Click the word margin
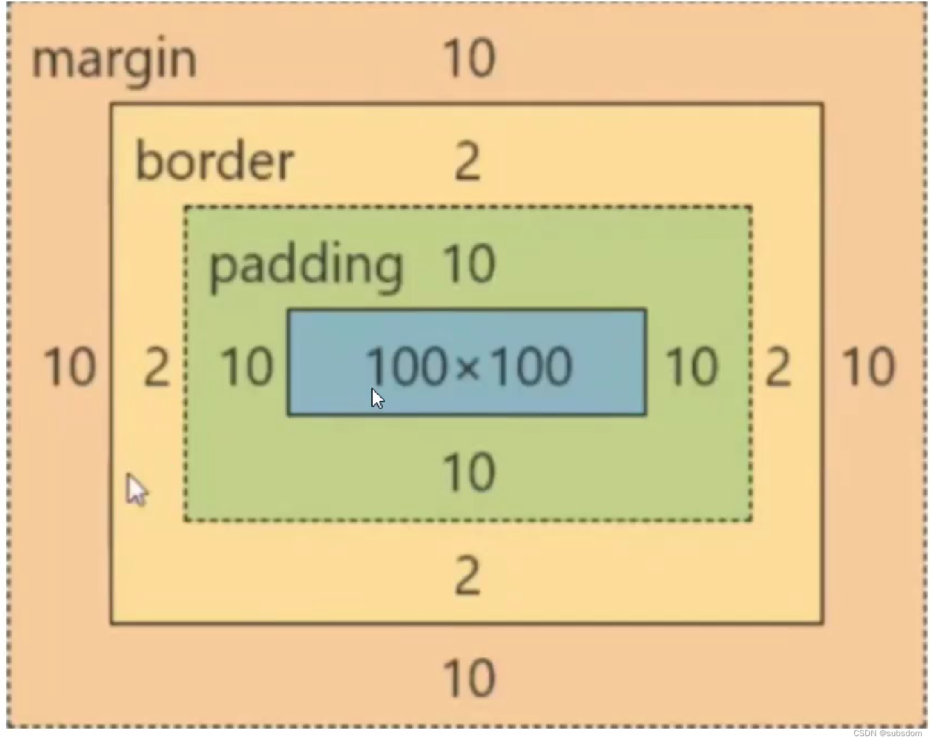(114, 60)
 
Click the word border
(215, 162)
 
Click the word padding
(306, 267)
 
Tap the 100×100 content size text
(469, 366)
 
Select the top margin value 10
(469, 58)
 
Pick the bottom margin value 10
(469, 678)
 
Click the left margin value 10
(69, 367)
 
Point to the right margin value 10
(869, 367)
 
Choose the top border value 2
(467, 162)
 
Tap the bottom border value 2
(467, 576)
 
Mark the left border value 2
(157, 368)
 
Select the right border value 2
(778, 368)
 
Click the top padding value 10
(469, 264)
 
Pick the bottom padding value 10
(469, 472)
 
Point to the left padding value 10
(247, 367)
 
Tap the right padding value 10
(692, 367)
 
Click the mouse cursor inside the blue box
(377, 399)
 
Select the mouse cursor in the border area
(137, 490)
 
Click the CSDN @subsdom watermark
(888, 733)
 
